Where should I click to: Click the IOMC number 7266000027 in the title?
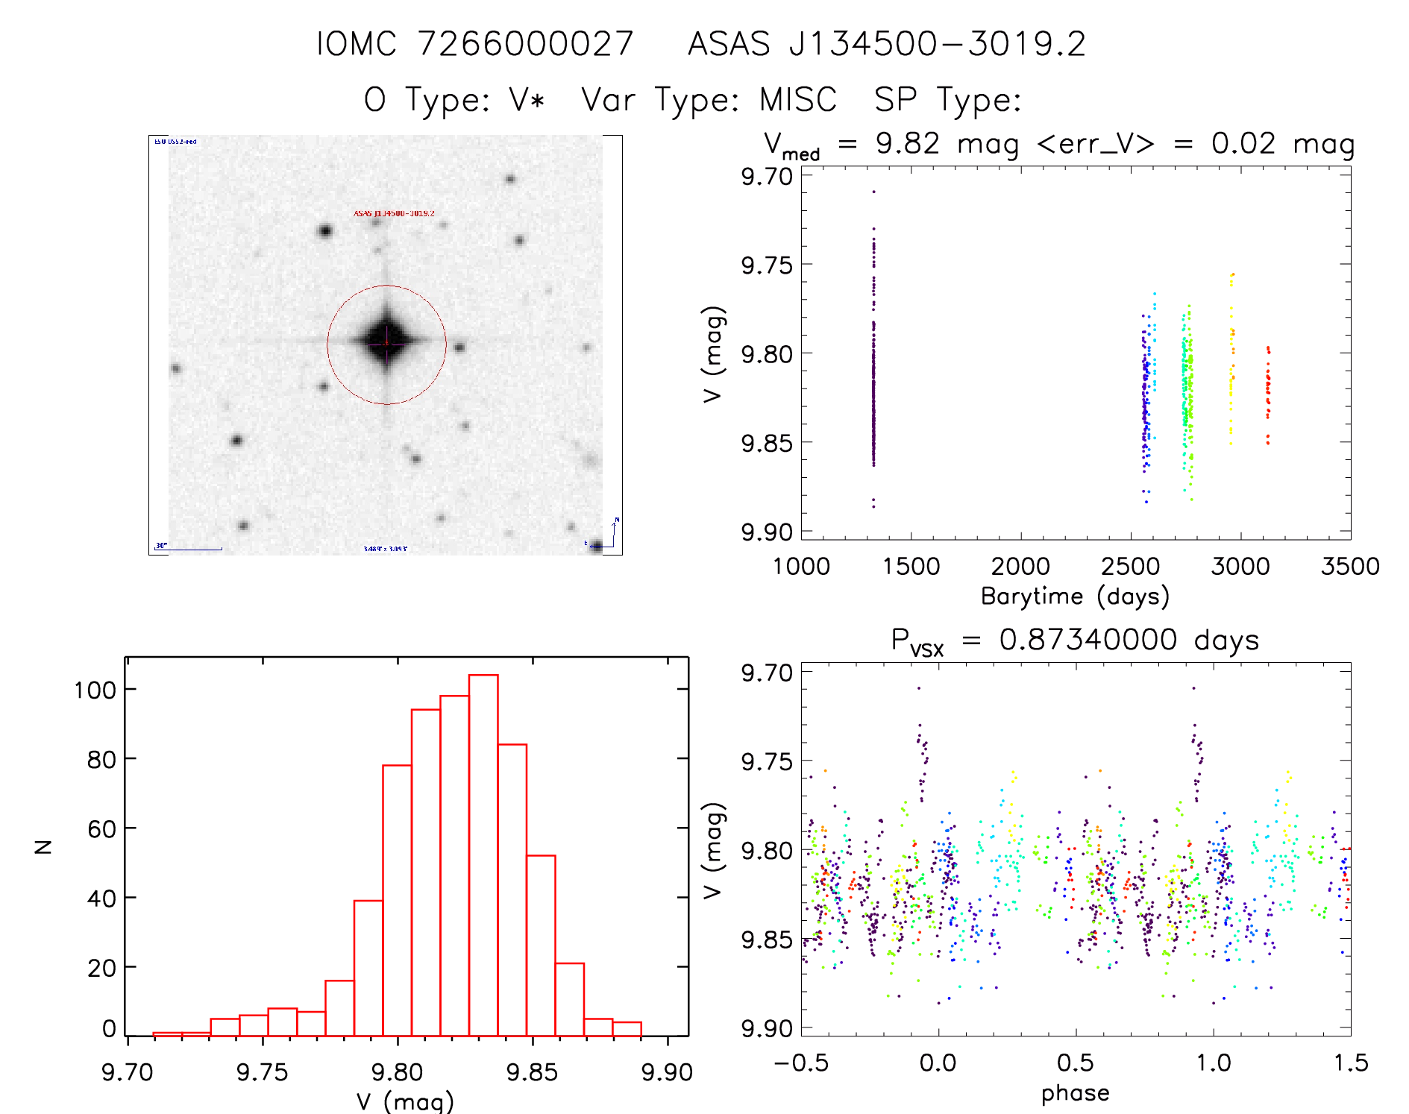[x=525, y=44]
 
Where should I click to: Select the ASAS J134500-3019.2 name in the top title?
[x=886, y=44]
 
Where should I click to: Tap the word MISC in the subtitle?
[x=797, y=100]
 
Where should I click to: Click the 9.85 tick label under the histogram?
[x=532, y=1072]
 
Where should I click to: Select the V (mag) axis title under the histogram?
[x=404, y=1101]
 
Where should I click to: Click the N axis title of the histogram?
[x=44, y=846]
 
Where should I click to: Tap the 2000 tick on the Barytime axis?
[x=1020, y=567]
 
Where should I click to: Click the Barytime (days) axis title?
[x=1075, y=597]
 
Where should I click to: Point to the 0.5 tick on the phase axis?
[x=1076, y=1063]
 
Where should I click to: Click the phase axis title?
[x=1075, y=1093]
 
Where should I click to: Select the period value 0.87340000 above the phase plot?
[x=1088, y=640]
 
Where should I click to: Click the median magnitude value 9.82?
[x=907, y=143]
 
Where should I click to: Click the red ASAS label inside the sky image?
[x=393, y=213]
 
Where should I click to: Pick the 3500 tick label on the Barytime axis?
[x=1349, y=567]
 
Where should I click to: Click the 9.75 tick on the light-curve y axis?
[x=767, y=265]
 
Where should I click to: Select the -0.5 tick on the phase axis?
[x=800, y=1063]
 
